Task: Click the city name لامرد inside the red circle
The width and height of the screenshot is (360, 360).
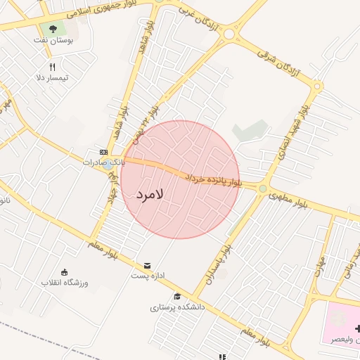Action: (x=150, y=193)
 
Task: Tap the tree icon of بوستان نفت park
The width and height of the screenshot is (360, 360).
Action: (x=53, y=30)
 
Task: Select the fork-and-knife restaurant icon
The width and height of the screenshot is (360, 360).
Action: (x=53, y=67)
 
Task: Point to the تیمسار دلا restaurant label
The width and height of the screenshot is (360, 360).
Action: (x=53, y=78)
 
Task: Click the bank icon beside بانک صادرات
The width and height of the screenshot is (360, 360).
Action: (x=103, y=152)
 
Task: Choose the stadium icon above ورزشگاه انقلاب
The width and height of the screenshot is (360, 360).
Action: (x=64, y=272)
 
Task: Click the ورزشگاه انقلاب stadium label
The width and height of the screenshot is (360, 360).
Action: (x=64, y=283)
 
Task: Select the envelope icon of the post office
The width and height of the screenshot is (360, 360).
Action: (x=147, y=266)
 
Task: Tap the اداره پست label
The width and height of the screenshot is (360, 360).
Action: (x=147, y=276)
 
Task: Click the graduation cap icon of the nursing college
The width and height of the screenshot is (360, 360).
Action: (x=177, y=297)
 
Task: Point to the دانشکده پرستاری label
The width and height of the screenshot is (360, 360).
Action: (x=177, y=307)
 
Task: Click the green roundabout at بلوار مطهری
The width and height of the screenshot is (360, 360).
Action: (x=263, y=188)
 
